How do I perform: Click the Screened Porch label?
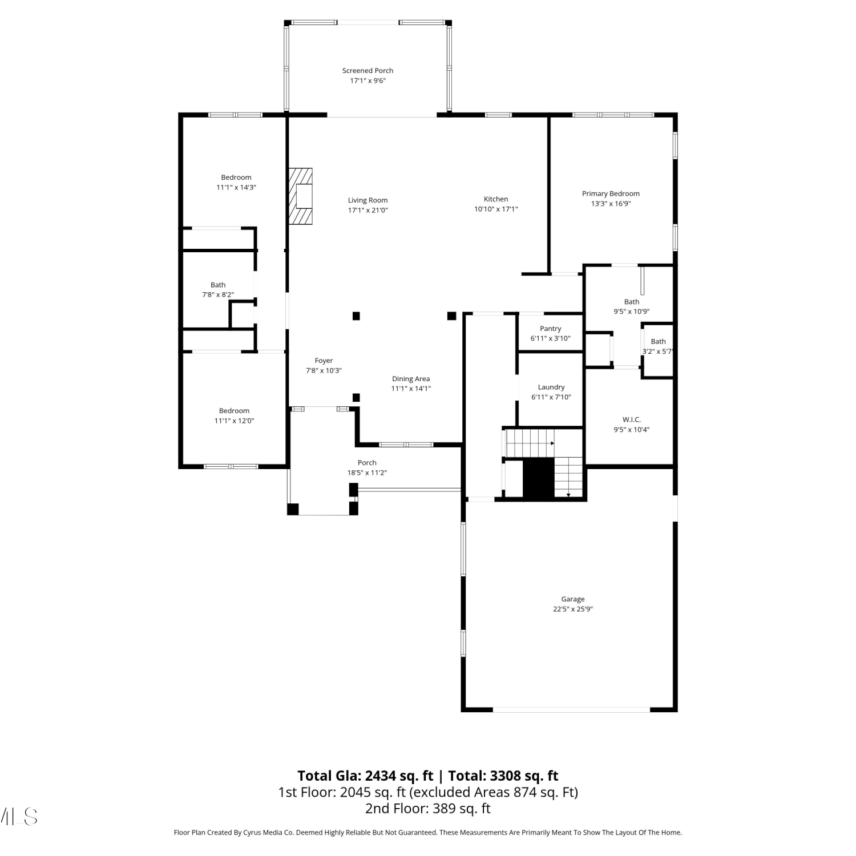368,71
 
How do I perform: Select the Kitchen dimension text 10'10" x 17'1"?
496,209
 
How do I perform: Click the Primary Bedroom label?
611,193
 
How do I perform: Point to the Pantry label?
551,329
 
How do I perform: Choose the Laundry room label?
551,387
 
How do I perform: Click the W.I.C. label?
632,419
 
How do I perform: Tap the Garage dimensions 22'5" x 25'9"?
573,609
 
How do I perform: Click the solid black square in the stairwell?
539,478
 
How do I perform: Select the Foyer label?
324,361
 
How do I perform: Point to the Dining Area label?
411,379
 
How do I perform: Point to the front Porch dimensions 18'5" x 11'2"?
367,473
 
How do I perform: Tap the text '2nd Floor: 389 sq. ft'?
428,808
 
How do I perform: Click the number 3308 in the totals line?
504,776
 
